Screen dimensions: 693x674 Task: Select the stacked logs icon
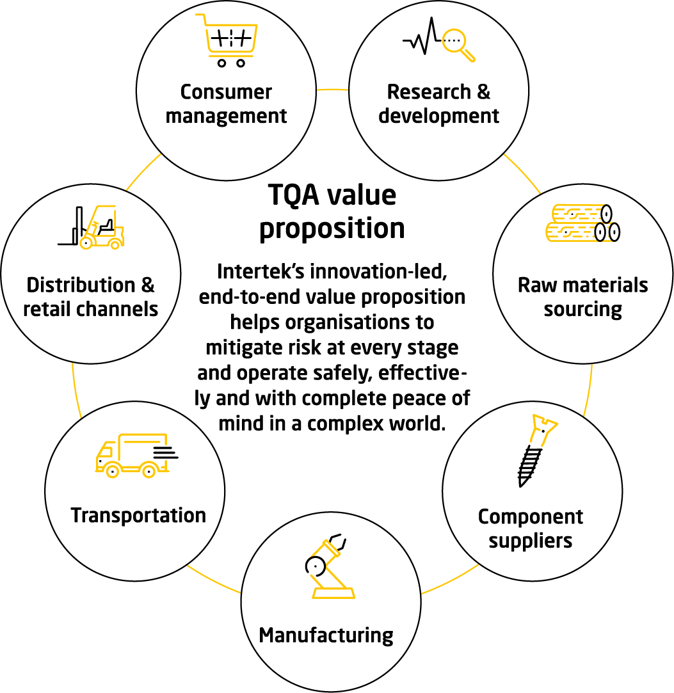(x=582, y=223)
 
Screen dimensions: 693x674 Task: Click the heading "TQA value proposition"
(x=332, y=212)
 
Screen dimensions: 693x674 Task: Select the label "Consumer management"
(x=226, y=104)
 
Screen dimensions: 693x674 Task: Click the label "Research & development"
(x=438, y=104)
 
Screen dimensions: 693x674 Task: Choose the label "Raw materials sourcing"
(x=582, y=297)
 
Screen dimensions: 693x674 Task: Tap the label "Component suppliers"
(x=531, y=528)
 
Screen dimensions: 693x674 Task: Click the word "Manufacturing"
(x=326, y=635)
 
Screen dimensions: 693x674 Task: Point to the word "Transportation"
(x=138, y=515)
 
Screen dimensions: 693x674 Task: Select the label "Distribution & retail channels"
(x=91, y=297)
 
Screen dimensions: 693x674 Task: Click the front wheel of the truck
(x=112, y=472)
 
